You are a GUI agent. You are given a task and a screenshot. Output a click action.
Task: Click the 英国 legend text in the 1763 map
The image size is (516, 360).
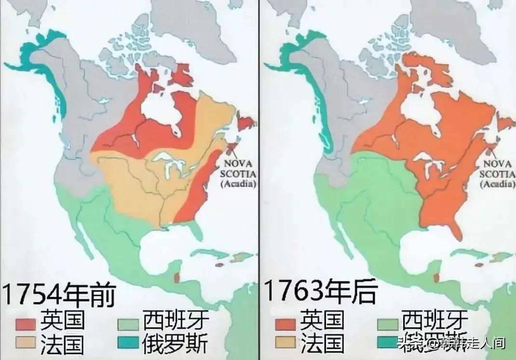pyautogui.click(x=322, y=320)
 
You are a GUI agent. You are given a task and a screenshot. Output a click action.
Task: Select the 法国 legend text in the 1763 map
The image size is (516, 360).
pyautogui.click(x=322, y=343)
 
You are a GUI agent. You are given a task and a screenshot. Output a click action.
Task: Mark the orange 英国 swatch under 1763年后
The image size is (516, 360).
pyautogui.click(x=285, y=320)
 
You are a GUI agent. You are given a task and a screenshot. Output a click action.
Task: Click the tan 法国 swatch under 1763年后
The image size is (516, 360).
pyautogui.click(x=285, y=343)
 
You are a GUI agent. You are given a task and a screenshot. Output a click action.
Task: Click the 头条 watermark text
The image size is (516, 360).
pyautogui.click(x=407, y=344)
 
